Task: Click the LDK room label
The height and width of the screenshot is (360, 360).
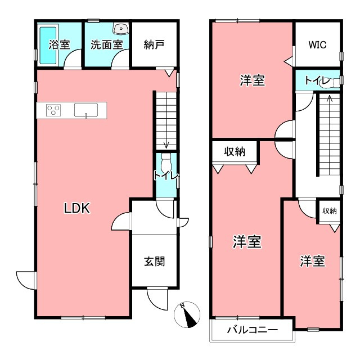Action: point(77,209)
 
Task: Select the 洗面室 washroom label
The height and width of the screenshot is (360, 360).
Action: point(106,44)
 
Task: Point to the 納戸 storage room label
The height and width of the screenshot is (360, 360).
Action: point(154,44)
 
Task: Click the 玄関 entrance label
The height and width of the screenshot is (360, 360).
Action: point(154,262)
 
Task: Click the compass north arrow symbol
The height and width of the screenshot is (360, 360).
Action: point(187,315)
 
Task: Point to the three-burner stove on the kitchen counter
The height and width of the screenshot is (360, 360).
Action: point(53,110)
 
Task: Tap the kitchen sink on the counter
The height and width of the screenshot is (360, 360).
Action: point(85,110)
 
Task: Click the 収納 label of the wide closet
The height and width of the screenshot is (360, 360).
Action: point(235,151)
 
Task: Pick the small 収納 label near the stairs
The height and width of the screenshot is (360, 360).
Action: point(329,211)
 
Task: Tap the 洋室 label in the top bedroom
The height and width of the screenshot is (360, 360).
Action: point(252,80)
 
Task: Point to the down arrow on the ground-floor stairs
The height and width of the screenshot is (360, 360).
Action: point(166,145)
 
